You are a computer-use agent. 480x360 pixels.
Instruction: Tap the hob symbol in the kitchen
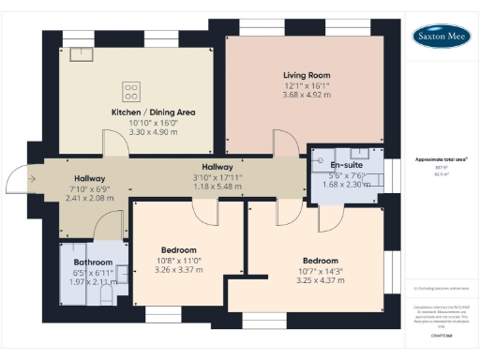tap(131, 92)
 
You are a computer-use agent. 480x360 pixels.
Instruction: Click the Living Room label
tap(307, 74)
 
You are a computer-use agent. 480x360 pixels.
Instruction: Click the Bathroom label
tap(94, 262)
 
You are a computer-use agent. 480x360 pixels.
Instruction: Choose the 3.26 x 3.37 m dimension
tap(178, 270)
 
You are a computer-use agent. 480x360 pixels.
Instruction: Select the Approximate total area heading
tap(439, 159)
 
